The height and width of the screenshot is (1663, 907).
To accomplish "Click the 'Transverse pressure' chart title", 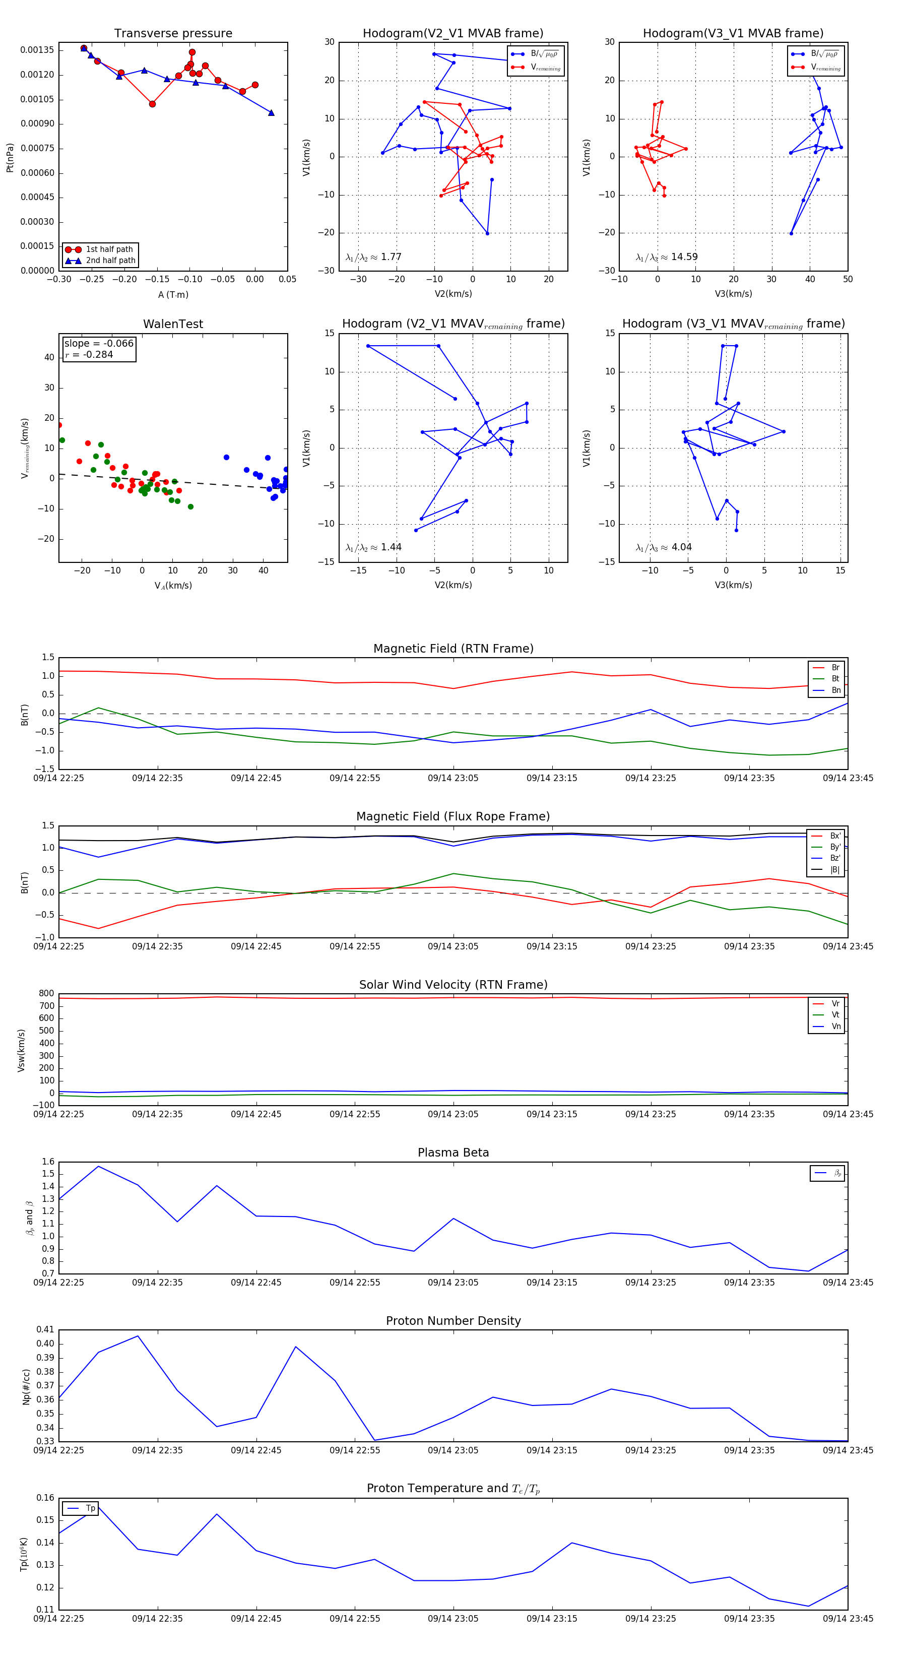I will [x=173, y=34].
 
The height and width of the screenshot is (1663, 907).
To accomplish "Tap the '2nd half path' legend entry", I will [x=110, y=261].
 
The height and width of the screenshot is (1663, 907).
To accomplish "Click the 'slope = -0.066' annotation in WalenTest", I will [x=99, y=344].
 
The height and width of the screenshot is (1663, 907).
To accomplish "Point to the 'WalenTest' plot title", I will [x=173, y=324].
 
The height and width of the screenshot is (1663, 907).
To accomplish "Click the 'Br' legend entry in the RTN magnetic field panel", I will [x=835, y=668].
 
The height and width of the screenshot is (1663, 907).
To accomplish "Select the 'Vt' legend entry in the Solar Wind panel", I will [x=835, y=1015].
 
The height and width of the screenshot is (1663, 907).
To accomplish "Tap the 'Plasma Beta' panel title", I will [x=453, y=1153].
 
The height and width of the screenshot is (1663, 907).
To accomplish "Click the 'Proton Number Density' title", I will [x=453, y=1321].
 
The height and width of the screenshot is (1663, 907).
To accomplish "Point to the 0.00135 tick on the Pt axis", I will [x=37, y=50].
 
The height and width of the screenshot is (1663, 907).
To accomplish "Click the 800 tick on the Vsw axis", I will [x=46, y=994].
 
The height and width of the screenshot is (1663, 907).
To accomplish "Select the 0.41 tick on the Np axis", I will [x=45, y=1330].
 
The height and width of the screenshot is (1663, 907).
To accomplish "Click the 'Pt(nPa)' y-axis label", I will [x=10, y=158].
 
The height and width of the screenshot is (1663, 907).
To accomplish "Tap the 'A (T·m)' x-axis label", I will [x=173, y=295].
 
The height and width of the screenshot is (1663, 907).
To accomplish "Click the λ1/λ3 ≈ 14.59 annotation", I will [x=666, y=257].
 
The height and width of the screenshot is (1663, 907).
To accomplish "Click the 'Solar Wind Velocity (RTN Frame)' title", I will [x=453, y=985].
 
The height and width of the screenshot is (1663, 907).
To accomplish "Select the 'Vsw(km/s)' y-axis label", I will [x=21, y=1050].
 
